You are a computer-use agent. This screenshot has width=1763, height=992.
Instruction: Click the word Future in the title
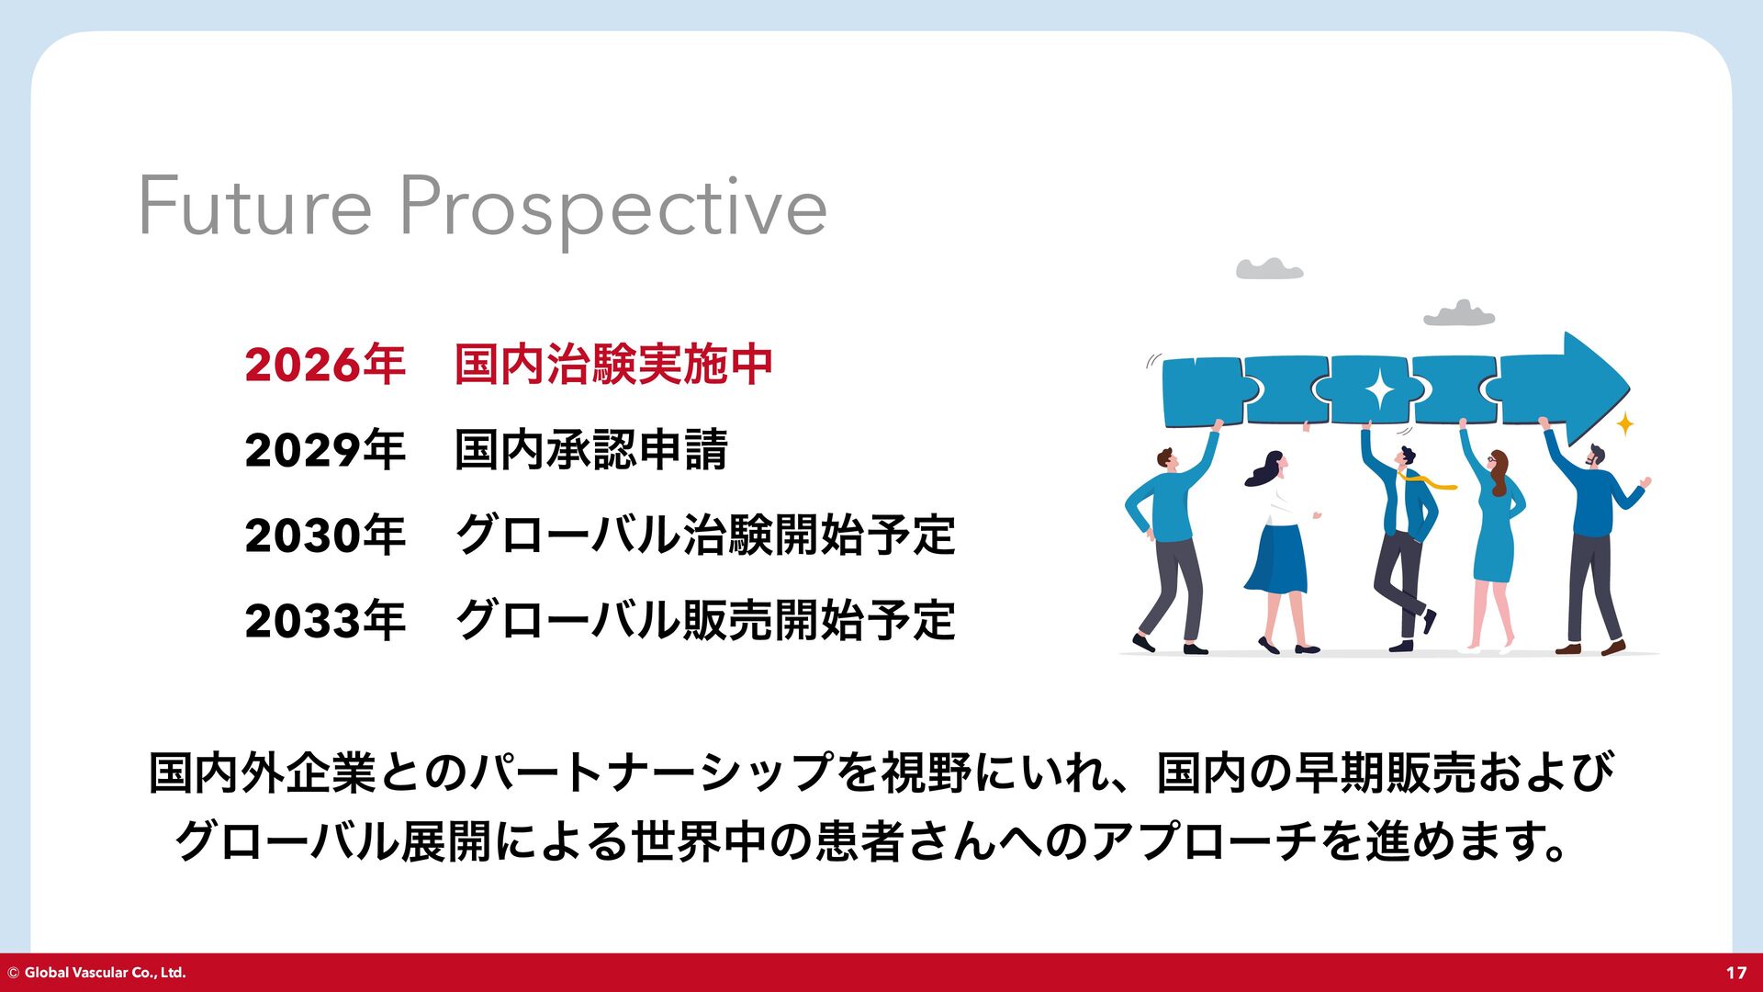[x=255, y=206]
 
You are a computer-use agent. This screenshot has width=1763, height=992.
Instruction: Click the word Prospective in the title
[x=612, y=211]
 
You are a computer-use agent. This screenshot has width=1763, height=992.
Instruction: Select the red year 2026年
[x=325, y=364]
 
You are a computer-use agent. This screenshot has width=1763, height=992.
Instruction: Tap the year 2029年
[x=325, y=449]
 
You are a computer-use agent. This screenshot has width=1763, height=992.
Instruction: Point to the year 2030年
[x=325, y=535]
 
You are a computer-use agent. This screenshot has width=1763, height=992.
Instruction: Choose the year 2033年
[x=325, y=620]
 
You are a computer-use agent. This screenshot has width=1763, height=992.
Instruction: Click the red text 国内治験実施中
[x=613, y=364]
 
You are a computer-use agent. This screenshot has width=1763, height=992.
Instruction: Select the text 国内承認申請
[x=591, y=449]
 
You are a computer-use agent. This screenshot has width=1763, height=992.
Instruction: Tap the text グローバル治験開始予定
[x=705, y=535]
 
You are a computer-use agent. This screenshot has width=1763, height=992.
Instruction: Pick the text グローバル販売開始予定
[x=705, y=620]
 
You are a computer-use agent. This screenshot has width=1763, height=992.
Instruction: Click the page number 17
[x=1735, y=973]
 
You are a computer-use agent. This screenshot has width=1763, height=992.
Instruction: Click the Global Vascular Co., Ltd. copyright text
[x=96, y=973]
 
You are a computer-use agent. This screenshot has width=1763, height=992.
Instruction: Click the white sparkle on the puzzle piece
[x=1379, y=390]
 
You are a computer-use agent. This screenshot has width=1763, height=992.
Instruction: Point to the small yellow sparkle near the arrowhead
[x=1625, y=424]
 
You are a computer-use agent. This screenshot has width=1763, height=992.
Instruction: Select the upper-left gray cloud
[x=1269, y=268]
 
